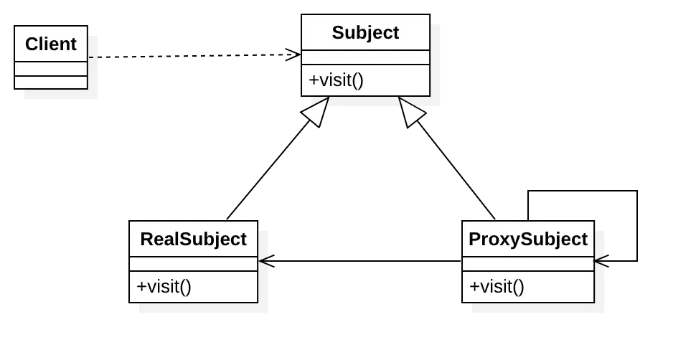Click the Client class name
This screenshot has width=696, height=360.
(50, 44)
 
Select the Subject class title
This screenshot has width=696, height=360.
(365, 33)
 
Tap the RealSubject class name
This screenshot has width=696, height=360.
(193, 240)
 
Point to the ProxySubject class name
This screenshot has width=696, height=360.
(527, 240)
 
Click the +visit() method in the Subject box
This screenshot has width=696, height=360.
(336, 80)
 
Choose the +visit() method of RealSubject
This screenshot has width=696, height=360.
(164, 287)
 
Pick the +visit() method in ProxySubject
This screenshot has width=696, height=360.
(497, 287)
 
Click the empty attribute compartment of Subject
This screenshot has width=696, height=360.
(365, 57)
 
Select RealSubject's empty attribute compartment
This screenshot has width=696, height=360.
(193, 264)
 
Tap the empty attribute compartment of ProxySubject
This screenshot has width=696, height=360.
(527, 264)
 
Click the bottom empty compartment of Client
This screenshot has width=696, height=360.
(51, 82)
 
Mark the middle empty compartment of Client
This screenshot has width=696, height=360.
(51, 69)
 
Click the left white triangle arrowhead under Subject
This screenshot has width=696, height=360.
(316, 112)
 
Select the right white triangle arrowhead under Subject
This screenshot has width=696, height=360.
(411, 112)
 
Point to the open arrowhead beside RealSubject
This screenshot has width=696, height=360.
(264, 260)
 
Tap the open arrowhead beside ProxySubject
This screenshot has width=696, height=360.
(601, 260)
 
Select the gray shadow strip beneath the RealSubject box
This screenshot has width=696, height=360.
(204, 309)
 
